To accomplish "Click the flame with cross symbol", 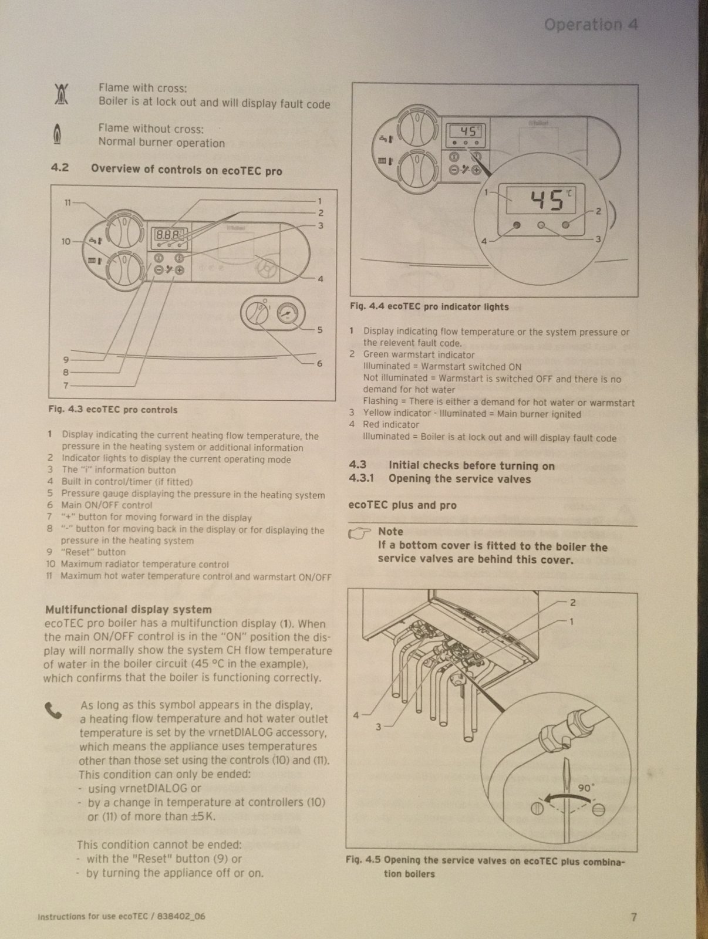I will [x=61, y=94].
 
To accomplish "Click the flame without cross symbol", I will [x=57, y=134].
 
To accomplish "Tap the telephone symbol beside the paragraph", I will [x=53, y=711].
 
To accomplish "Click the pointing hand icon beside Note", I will [x=360, y=532].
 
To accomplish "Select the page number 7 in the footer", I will [x=633, y=917].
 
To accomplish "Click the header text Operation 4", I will [x=591, y=25].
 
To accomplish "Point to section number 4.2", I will [x=59, y=168].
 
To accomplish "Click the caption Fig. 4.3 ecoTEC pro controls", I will [x=113, y=410].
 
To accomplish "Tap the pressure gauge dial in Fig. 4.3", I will [x=287, y=313].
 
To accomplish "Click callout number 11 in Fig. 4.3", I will [x=68, y=202].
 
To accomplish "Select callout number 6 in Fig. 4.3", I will [x=319, y=363].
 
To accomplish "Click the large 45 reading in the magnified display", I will [x=547, y=201].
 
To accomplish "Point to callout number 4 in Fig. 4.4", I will [x=484, y=241].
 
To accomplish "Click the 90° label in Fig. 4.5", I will [x=586, y=788].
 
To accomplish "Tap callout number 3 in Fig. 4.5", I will [x=378, y=727].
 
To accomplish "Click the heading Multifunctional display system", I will [x=128, y=610].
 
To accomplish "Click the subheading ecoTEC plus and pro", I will [x=402, y=505].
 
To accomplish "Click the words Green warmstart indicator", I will [x=419, y=354].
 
